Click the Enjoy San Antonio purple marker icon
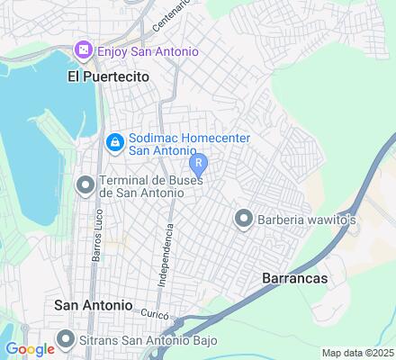pyautogui.click(x=84, y=49)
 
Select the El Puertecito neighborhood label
pyautogui.click(x=107, y=77)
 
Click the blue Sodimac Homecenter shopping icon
pyautogui.click(x=114, y=142)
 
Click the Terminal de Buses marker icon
pyautogui.click(x=85, y=185)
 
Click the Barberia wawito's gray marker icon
pyautogui.click(x=242, y=218)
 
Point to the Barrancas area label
pyautogui.click(x=294, y=279)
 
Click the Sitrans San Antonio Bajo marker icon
pyautogui.click(x=65, y=339)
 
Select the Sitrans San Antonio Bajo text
pyautogui.click(x=135, y=340)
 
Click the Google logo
pyautogui.click(x=30, y=349)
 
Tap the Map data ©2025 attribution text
pyautogui.click(x=357, y=353)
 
